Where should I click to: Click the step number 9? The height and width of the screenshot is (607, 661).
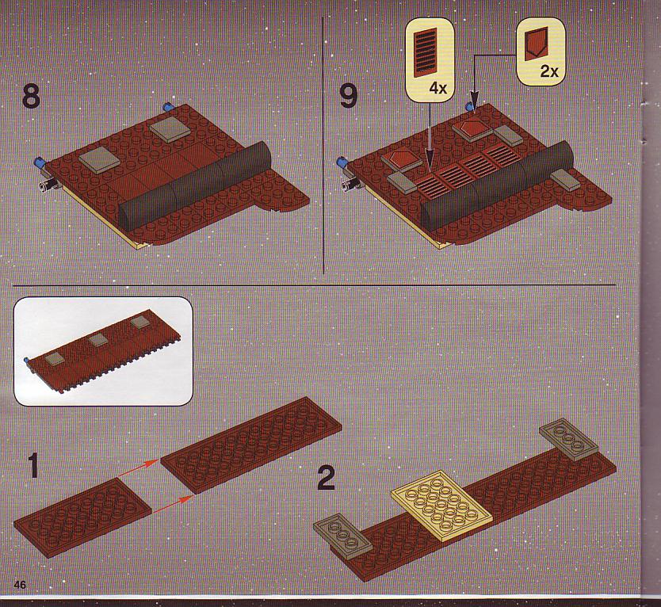(x=348, y=97)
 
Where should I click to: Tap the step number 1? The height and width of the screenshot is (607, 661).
(x=32, y=466)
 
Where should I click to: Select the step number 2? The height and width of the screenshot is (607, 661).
(x=327, y=477)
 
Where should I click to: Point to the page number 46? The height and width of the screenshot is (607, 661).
(x=20, y=585)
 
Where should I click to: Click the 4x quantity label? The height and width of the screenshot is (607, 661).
(x=437, y=89)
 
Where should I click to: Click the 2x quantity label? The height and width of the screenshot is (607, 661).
(x=549, y=71)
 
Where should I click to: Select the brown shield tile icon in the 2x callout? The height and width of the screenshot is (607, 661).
(x=536, y=44)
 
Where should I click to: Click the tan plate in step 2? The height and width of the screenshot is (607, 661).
(x=441, y=506)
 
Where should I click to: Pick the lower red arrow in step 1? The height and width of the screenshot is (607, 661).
(x=173, y=505)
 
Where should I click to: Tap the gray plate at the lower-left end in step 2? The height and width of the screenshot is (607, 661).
(x=343, y=536)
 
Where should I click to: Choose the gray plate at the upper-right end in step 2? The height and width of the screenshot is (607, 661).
(x=568, y=439)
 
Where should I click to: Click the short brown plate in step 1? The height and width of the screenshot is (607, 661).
(x=82, y=517)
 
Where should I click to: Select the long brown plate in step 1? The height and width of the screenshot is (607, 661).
(x=252, y=445)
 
